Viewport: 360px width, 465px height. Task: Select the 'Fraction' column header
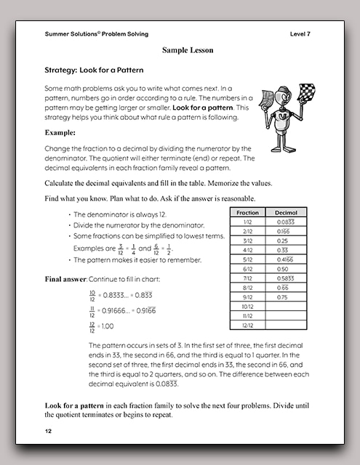(x=248, y=212)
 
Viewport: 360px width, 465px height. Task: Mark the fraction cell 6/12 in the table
(x=248, y=268)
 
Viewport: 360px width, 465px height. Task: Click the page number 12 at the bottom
(x=49, y=432)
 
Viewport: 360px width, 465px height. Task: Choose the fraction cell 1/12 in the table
(x=248, y=222)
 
